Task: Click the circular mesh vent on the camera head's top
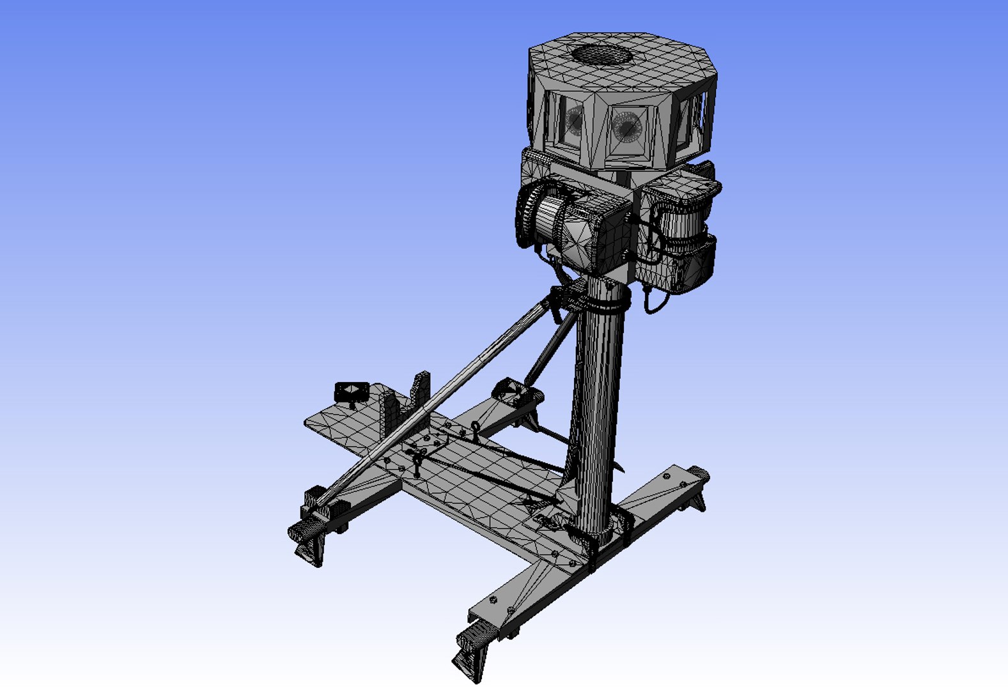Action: pos(601,54)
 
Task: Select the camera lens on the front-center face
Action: pos(626,128)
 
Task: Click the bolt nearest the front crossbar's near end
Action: pos(493,600)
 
